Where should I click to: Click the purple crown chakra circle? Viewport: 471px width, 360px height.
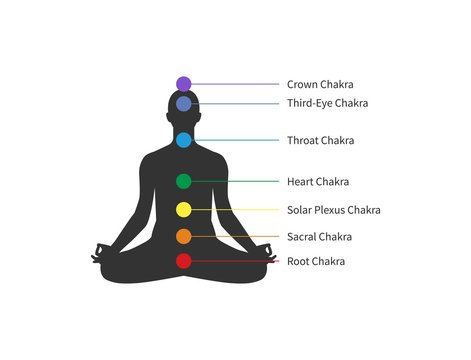183,84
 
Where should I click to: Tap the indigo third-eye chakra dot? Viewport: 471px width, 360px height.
183,103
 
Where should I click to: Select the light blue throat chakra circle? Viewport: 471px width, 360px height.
183,140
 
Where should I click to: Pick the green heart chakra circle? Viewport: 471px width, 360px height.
183,181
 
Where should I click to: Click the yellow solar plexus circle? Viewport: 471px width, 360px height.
183,210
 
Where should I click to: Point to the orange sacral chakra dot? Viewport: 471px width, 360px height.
183,237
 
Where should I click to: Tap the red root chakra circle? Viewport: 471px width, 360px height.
183,261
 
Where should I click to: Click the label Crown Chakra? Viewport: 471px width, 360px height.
320,85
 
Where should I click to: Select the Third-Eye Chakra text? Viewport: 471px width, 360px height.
327,103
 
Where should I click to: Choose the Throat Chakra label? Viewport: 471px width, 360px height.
320,141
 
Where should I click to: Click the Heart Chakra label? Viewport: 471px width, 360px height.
318,182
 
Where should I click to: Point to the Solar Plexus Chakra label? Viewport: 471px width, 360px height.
333,210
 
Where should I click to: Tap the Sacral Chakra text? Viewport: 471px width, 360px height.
319,237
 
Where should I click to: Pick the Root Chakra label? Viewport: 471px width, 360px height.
316,261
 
